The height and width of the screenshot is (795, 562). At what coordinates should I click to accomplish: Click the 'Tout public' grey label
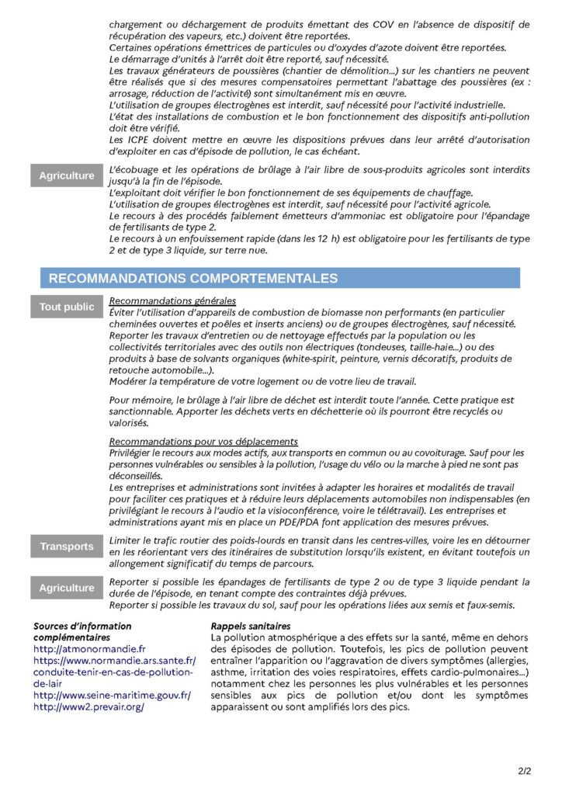coord(67,307)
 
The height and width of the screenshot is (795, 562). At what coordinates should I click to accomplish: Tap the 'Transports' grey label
coord(67,547)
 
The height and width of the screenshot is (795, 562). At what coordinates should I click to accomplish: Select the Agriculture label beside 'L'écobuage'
coord(67,176)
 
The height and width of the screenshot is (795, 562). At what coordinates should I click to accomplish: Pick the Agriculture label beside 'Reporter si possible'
coord(67,588)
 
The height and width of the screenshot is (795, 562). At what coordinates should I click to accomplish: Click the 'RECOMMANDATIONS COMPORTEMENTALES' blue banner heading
coord(193,278)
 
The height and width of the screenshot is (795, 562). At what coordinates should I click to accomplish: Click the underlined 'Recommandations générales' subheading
coord(172,301)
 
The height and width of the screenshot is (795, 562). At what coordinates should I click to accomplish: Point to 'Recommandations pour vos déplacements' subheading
coord(203,441)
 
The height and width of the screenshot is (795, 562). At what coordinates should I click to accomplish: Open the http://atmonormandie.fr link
coord(90,648)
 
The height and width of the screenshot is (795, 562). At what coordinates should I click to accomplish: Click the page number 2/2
coord(525,772)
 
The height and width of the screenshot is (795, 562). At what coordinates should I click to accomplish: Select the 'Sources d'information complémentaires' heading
coord(82,631)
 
